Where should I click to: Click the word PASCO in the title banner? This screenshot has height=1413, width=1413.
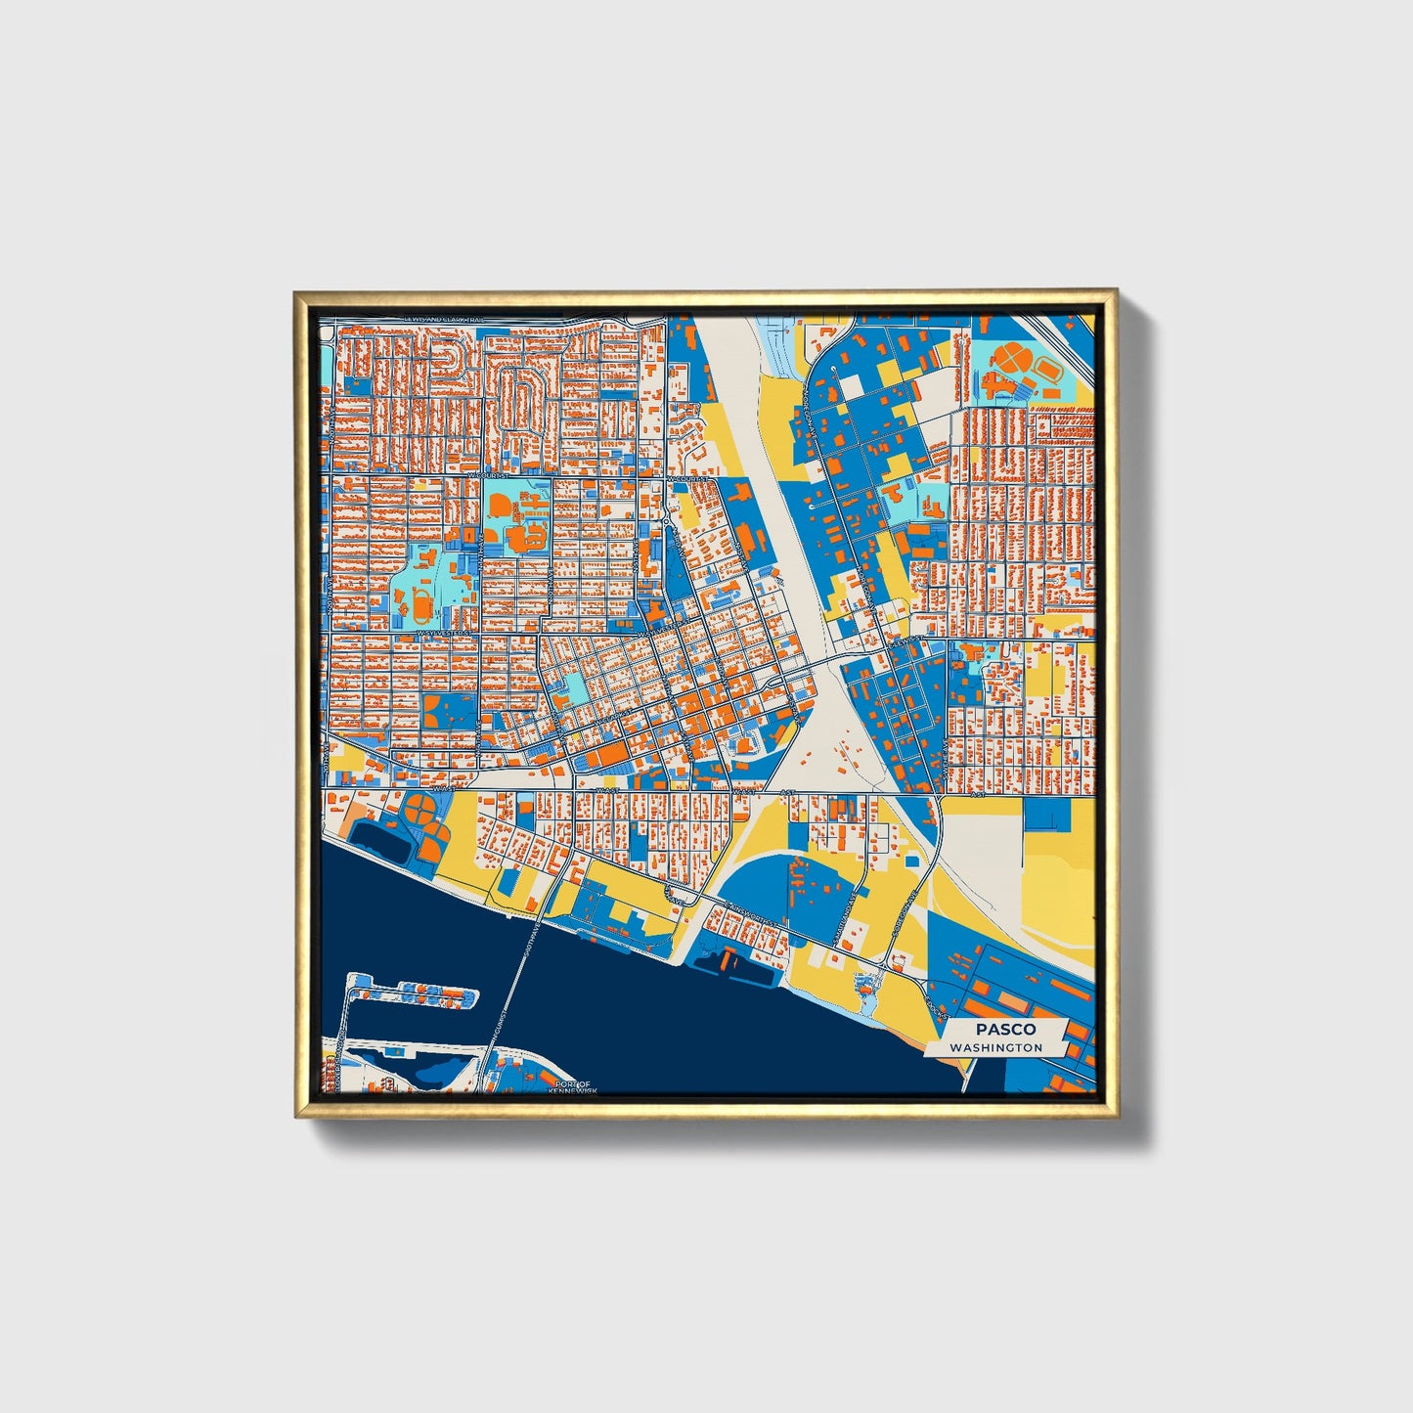pos(1004,1029)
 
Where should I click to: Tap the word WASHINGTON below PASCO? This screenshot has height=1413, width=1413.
pos(995,1047)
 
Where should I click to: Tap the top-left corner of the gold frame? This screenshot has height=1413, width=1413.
pos(295,291)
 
